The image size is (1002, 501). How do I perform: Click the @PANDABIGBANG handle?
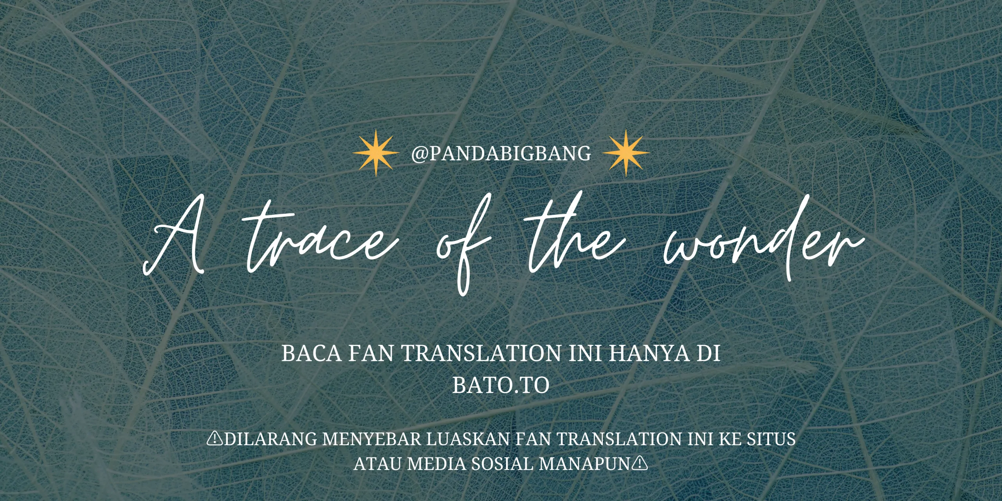501,153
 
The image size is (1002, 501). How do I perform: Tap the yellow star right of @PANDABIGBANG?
626,153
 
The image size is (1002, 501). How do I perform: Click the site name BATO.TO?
501,386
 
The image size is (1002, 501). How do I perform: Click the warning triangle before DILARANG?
215,439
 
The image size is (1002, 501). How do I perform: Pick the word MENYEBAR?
371,439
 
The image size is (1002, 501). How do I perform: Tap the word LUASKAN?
467,439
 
